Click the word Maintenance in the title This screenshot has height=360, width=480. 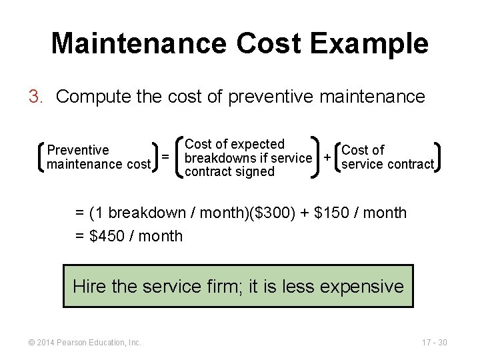139,43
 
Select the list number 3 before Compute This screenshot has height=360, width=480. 35,97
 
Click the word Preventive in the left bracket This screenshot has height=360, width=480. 78,150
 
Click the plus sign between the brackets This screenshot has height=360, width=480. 327,158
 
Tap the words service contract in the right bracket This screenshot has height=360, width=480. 387,164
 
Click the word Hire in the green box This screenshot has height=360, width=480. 89,287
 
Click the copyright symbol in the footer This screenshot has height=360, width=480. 31,343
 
